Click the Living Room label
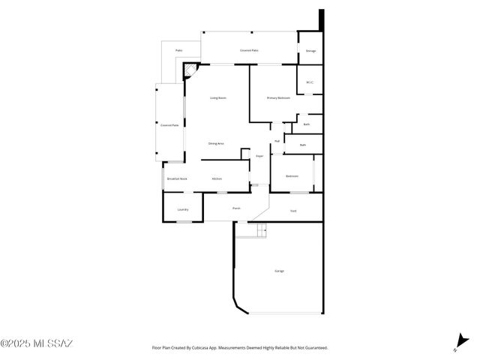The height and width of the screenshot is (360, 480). tap(217, 98)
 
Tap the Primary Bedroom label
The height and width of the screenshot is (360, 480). tap(278, 98)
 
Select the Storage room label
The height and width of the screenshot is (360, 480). tap(310, 50)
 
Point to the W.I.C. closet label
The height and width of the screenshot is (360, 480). tap(310, 82)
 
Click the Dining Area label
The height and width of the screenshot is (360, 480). tap(216, 143)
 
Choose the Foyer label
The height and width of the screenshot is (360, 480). tap(259, 156)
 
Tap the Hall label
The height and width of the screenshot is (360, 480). tap(277, 141)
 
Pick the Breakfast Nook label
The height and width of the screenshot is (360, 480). tap(178, 178)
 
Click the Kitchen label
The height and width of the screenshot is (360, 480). tap(217, 178)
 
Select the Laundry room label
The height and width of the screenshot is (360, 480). tap(183, 209)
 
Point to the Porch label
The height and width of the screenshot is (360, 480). tap(236, 208)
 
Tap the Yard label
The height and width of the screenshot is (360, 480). tap(294, 211)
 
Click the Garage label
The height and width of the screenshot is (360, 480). tap(279, 270)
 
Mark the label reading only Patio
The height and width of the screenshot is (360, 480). tap(179, 50)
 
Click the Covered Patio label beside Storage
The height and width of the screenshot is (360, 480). tap(249, 50)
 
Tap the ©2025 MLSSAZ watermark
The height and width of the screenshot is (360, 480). tap(37, 344)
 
